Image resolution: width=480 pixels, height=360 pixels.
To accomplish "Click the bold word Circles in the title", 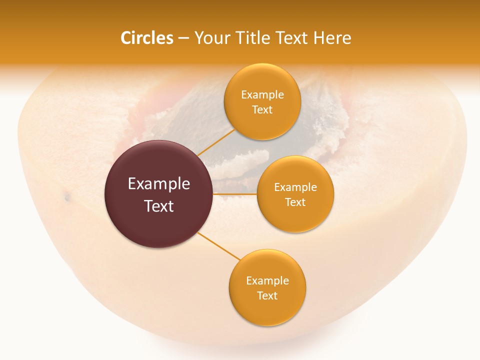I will click(147, 38).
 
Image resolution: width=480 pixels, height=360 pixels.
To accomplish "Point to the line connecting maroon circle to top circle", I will click(215, 142).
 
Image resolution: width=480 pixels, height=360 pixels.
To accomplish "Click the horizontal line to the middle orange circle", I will click(235, 194).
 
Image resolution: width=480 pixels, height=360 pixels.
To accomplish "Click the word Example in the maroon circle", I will click(159, 184).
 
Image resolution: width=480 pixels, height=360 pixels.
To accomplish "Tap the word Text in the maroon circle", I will click(159, 206).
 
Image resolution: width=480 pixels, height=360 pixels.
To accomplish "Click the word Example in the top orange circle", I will click(262, 95).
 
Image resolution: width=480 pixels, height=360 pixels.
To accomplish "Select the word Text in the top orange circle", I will click(262, 110).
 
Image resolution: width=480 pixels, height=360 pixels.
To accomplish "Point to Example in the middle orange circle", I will click(295, 187).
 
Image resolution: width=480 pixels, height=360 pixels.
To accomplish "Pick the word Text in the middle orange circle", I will click(295, 202).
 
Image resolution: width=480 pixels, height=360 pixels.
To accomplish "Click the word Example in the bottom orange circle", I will click(267, 281).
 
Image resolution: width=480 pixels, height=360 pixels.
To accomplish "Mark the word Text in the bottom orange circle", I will click(267, 296).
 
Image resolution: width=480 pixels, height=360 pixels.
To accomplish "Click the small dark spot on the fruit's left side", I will click(67, 198).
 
